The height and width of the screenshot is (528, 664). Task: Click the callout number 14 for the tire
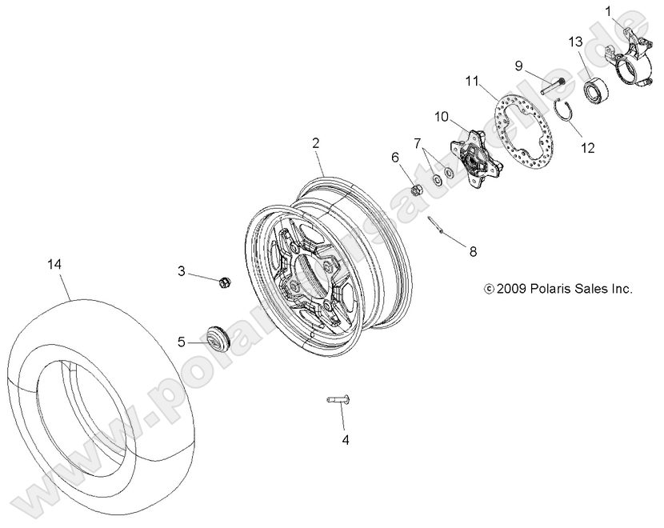(54, 263)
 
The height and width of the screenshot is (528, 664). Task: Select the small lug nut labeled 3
(225, 282)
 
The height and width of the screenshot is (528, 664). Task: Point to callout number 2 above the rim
(316, 143)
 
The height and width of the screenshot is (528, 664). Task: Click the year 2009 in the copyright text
(512, 289)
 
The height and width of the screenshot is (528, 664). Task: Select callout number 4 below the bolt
(346, 439)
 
